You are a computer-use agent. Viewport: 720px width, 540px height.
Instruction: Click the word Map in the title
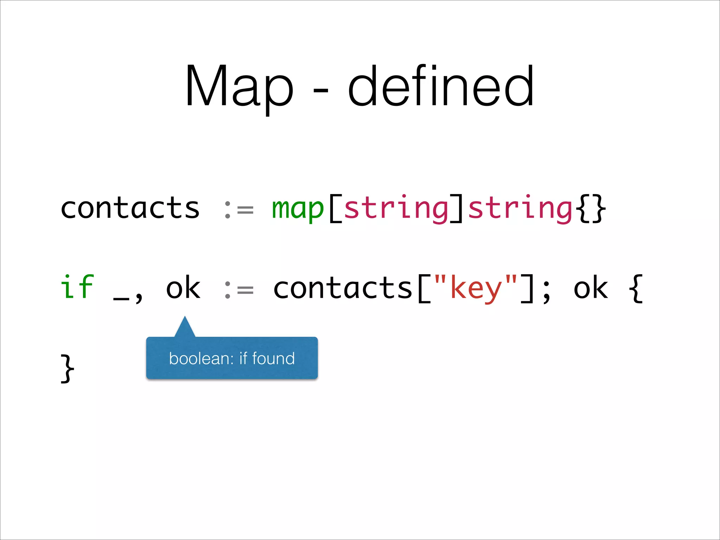tap(239, 86)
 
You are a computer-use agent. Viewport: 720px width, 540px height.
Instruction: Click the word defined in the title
tap(441, 86)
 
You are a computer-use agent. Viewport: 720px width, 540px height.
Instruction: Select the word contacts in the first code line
tap(130, 208)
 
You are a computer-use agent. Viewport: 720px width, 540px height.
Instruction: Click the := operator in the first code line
tap(239, 210)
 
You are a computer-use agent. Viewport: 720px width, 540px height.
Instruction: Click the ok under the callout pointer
tap(183, 288)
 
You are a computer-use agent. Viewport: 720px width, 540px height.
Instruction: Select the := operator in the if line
tap(239, 290)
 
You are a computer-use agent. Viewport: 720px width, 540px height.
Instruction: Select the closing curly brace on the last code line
tap(67, 368)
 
